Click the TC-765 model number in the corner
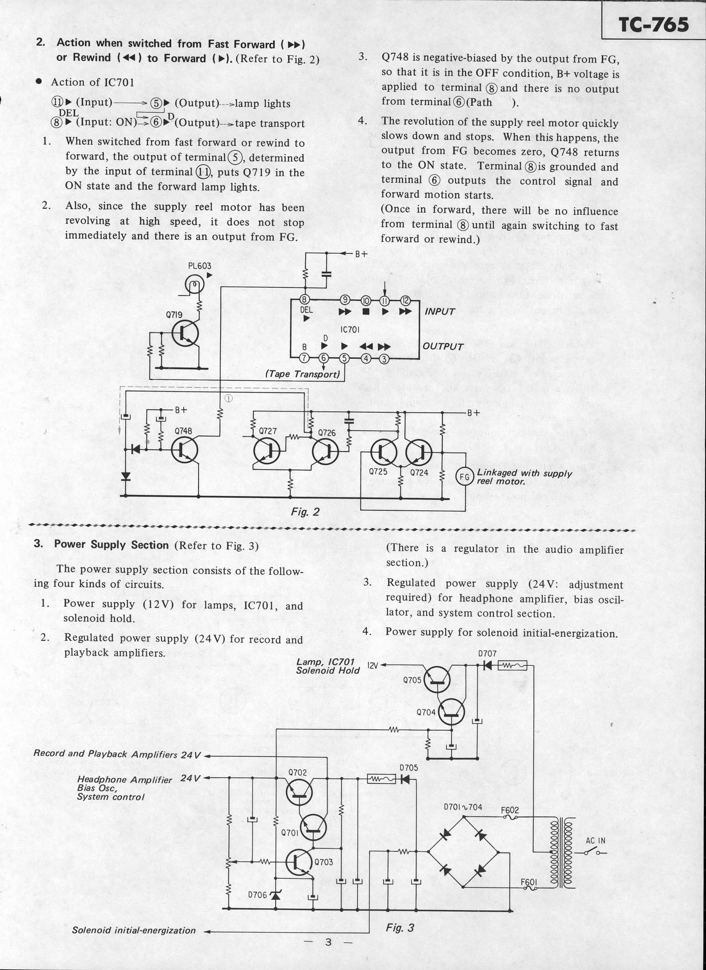(653, 25)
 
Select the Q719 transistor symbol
(185, 334)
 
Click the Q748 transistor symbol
(185, 449)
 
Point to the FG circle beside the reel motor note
(464, 476)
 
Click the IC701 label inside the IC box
(350, 330)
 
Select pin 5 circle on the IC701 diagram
(344, 358)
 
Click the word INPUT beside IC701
(440, 312)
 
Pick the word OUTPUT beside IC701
(443, 347)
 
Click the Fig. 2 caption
(305, 512)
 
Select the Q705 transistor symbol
(437, 679)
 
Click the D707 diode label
(487, 654)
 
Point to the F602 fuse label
(510, 810)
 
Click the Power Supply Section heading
(111, 545)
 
